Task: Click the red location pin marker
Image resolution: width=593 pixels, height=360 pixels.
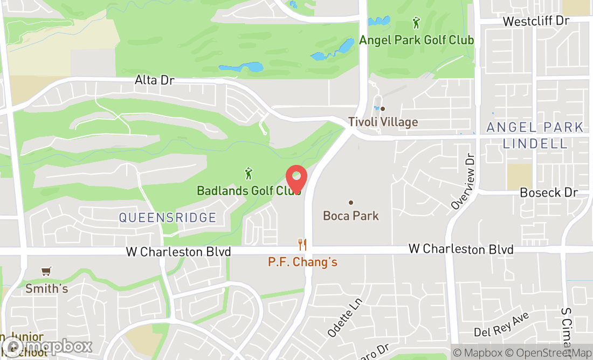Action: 296,178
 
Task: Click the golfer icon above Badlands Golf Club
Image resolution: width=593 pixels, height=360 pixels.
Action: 249,174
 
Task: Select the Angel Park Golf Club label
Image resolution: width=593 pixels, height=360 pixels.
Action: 416,40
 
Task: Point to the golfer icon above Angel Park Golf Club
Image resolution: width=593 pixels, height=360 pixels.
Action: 416,23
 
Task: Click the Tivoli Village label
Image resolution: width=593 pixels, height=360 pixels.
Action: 383,122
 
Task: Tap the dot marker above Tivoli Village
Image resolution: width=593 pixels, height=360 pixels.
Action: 383,109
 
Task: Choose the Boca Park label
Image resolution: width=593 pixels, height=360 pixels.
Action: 351,216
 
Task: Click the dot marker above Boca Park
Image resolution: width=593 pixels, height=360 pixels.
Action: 351,203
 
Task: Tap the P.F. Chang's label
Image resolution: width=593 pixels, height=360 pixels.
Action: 302,262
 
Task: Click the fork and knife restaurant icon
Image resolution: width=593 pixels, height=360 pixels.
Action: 302,245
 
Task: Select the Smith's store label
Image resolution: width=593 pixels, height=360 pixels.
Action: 47,288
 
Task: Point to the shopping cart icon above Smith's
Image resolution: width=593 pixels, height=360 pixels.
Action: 46,271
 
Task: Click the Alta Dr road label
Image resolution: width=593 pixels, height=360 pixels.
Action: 154,80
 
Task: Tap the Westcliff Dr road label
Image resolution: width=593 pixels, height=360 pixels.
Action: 536,21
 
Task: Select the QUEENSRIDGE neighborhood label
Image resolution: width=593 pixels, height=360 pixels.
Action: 167,218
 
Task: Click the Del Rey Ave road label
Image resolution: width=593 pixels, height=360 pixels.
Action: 502,325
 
